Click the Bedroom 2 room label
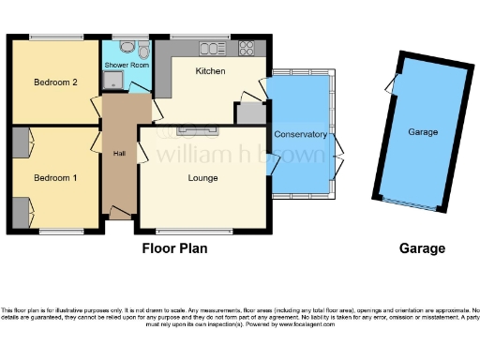54,82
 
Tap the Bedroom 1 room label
53,177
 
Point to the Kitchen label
210,71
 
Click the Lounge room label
202,178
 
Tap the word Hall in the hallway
119,155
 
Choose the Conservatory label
300,135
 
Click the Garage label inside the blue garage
423,132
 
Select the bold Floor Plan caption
174,249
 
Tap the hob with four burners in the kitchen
247,47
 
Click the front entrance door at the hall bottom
119,215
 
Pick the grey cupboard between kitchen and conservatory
249,113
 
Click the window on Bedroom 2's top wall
53,37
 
